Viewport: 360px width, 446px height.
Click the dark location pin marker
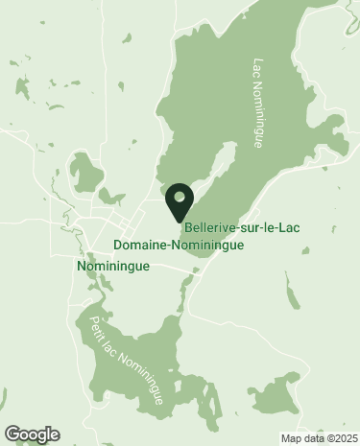(x=179, y=200)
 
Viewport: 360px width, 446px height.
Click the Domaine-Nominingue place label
(x=178, y=246)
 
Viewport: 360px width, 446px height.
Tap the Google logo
(x=33, y=434)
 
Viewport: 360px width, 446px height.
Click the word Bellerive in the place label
(x=206, y=229)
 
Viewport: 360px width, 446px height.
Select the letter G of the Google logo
(x=12, y=434)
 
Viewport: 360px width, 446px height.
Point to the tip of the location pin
(x=179, y=222)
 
